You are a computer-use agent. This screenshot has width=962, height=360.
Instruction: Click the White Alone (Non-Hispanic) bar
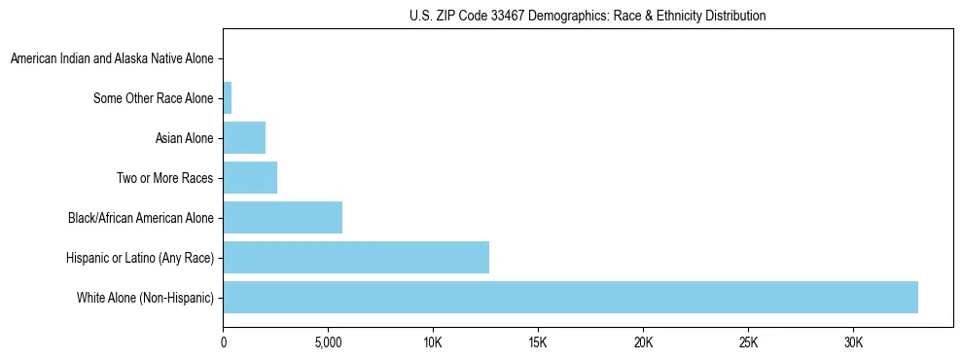click(570, 298)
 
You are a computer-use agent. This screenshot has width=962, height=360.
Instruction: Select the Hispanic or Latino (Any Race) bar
click(356, 258)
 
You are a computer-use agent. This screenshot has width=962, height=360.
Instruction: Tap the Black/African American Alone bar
click(283, 218)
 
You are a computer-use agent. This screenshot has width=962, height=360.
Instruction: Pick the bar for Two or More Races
click(250, 178)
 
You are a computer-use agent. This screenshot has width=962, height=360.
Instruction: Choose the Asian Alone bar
click(244, 138)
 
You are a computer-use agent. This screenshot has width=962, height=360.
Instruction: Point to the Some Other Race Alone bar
click(228, 98)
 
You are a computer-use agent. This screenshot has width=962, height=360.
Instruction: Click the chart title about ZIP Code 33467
click(588, 16)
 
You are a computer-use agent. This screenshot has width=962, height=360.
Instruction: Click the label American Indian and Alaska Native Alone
click(112, 59)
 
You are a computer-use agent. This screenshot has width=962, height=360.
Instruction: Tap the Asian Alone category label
click(184, 138)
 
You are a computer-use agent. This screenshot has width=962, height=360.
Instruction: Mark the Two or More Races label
click(163, 178)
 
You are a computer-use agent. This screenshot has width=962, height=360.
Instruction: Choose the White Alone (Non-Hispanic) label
click(145, 298)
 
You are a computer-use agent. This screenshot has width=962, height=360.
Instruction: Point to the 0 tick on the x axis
click(224, 343)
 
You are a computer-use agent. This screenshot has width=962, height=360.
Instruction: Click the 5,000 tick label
click(329, 343)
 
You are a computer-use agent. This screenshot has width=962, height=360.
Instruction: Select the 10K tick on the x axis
click(434, 343)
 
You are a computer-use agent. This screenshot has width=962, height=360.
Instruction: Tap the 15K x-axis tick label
click(538, 343)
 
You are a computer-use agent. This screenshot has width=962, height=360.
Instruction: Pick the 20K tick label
click(643, 343)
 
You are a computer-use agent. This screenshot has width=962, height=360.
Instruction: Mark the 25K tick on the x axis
click(748, 343)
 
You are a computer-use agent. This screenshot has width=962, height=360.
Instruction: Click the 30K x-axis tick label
click(853, 343)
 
